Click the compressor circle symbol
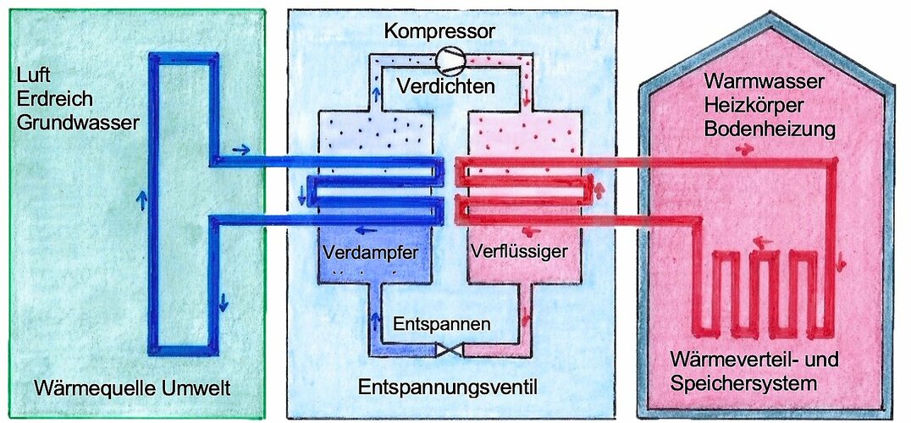point(450,58)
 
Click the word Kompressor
point(439,32)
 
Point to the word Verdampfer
point(362,252)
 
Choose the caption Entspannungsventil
point(449,387)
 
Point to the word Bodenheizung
point(764,129)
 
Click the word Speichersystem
point(743,382)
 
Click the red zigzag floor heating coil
point(762,288)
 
